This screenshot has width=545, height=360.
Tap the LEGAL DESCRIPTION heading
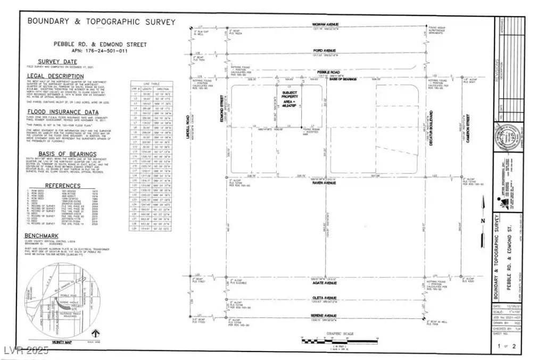(x=55, y=76)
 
